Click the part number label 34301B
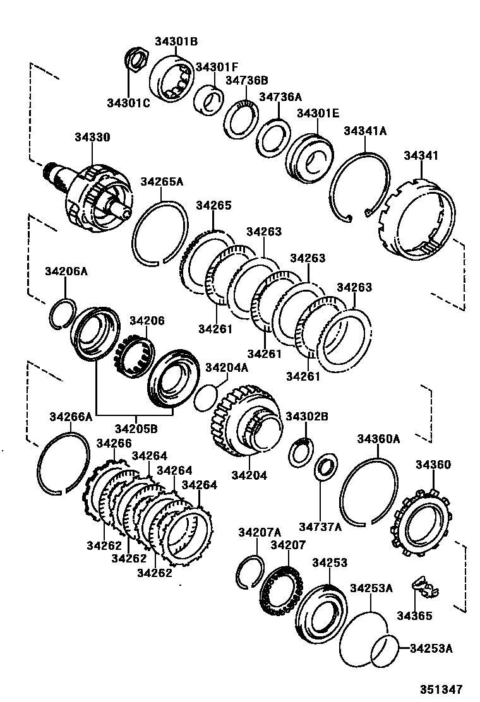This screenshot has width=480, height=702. [177, 42]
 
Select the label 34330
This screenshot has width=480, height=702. [92, 137]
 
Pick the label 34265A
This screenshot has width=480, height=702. [161, 182]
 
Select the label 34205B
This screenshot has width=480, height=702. [136, 429]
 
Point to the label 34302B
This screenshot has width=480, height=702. [307, 416]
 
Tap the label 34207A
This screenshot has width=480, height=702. [259, 533]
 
